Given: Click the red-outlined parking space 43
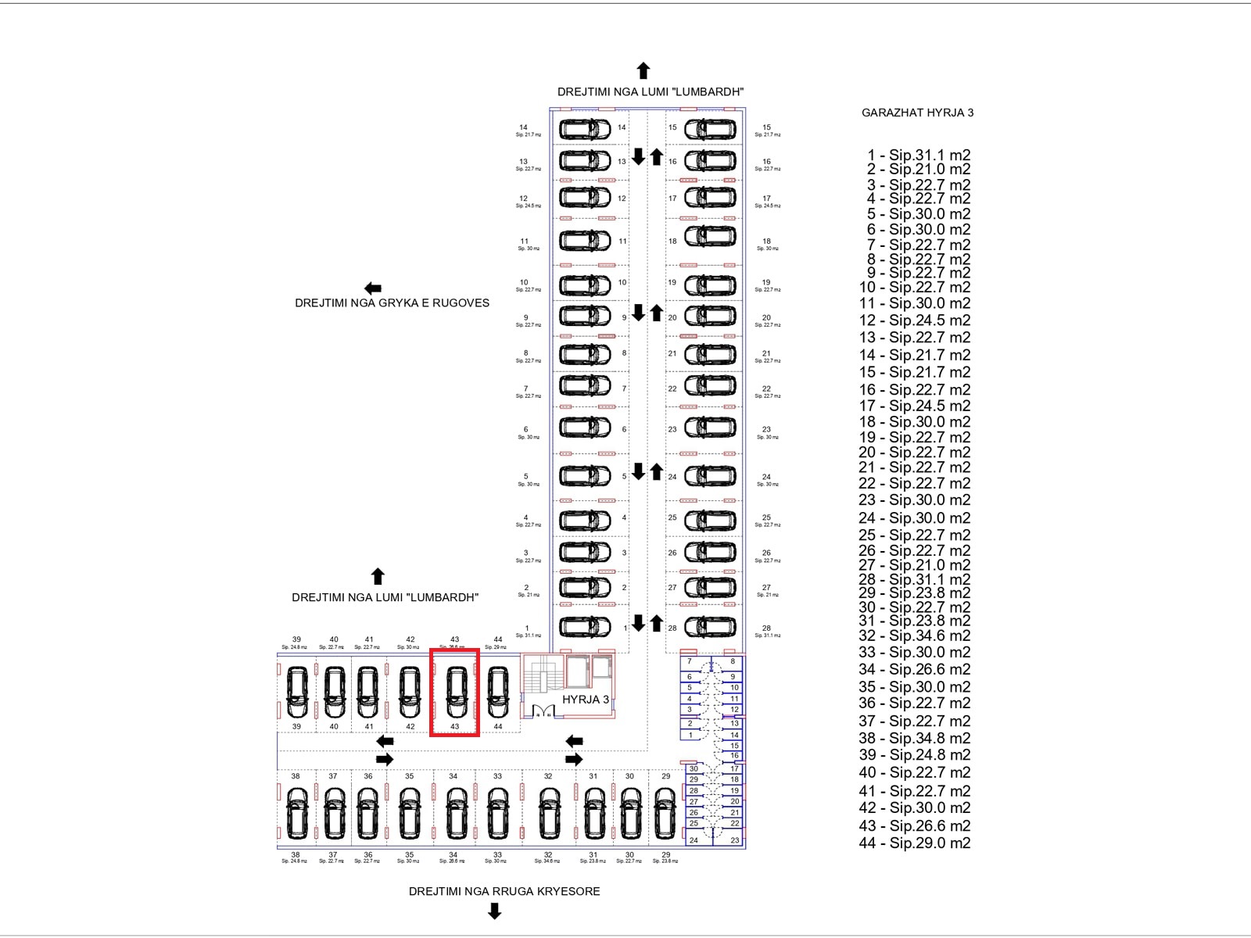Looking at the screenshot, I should pyautogui.click(x=454, y=693).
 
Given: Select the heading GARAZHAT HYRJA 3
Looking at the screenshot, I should pyautogui.click(x=917, y=113).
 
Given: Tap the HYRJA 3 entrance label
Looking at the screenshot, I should pyautogui.click(x=585, y=700).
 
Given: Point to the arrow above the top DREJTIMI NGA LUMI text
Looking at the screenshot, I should pyautogui.click(x=643, y=71).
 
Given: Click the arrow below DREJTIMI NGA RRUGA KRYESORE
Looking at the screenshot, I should pyautogui.click(x=494, y=911).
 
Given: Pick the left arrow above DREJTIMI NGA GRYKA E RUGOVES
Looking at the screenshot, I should pyautogui.click(x=373, y=288).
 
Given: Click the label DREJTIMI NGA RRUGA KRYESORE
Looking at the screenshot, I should pyautogui.click(x=504, y=891).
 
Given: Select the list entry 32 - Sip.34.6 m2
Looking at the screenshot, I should pyautogui.click(x=914, y=636).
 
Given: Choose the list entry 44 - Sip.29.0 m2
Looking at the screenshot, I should pyautogui.click(x=914, y=843).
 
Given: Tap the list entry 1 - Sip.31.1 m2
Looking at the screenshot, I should pyautogui.click(x=918, y=156).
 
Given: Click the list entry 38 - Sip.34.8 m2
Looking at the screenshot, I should pyautogui.click(x=914, y=738).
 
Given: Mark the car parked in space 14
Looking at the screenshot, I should pyautogui.click(x=584, y=128).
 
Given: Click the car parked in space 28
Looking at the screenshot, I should pyautogui.click(x=710, y=627).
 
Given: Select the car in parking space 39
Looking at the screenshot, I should pyautogui.click(x=296, y=693).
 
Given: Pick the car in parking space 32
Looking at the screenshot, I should pyautogui.click(x=550, y=813).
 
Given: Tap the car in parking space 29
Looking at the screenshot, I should pyautogui.click(x=665, y=813).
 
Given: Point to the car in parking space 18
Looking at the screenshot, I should pyautogui.click(x=710, y=236).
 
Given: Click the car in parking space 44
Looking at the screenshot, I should pyautogui.click(x=497, y=693).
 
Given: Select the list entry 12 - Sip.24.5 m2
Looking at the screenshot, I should pyautogui.click(x=914, y=320).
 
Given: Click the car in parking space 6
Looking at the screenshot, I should pyautogui.click(x=584, y=428).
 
